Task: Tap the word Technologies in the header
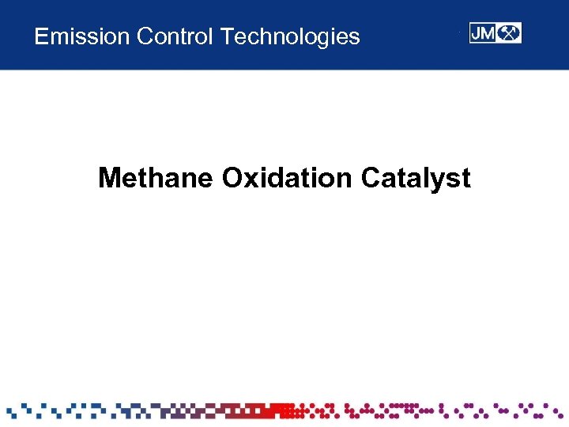pyautogui.click(x=291, y=36)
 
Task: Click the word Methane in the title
pyautogui.click(x=156, y=178)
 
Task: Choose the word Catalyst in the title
pyautogui.click(x=416, y=178)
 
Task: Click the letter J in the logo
pyautogui.click(x=477, y=33)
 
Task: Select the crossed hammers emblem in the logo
pyautogui.click(x=510, y=33)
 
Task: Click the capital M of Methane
pyautogui.click(x=110, y=178)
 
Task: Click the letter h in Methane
pyautogui.click(x=159, y=178)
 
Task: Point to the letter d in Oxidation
pyautogui.click(x=274, y=178)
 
